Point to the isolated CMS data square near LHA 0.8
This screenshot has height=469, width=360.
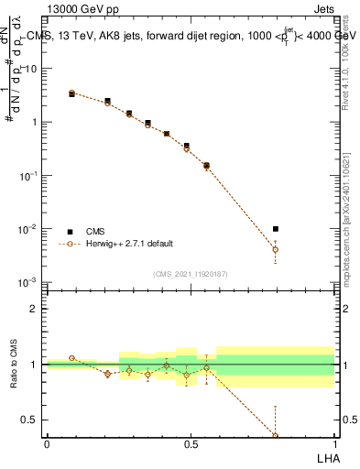point(276,229)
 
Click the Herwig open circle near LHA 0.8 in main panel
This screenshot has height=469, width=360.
point(276,249)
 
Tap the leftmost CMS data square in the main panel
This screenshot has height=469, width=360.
point(72,93)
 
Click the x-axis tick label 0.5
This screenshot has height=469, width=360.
point(191,444)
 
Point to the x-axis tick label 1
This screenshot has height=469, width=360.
point(333,444)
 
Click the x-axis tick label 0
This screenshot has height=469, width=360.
point(47,444)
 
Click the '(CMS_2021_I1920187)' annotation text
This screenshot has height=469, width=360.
point(190,273)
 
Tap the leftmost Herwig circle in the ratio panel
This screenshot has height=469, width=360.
point(72,358)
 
